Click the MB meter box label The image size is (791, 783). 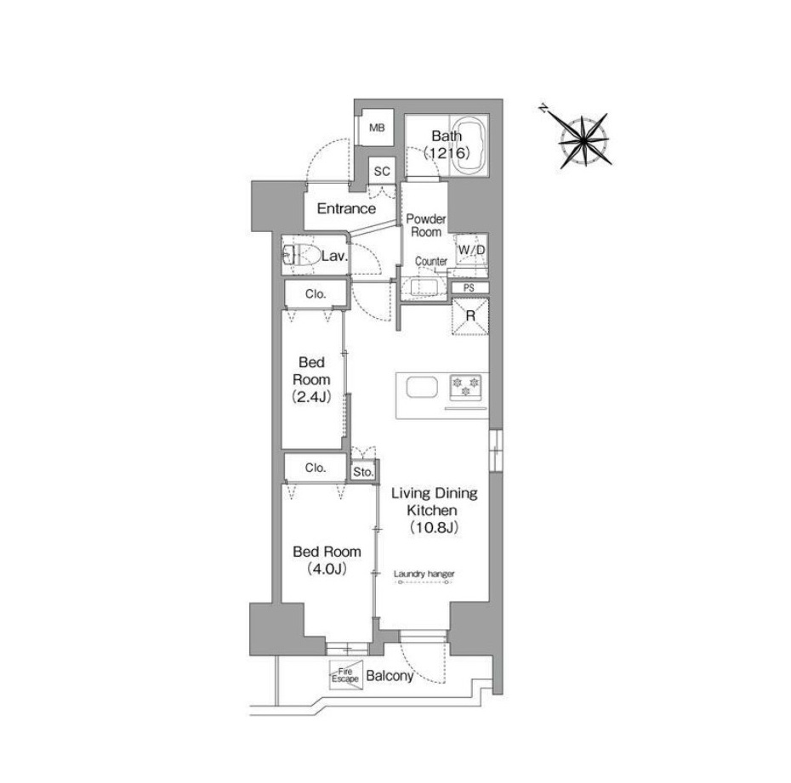[377, 128]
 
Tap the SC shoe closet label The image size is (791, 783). [382, 172]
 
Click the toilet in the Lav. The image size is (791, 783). [302, 256]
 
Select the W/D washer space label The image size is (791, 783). [471, 250]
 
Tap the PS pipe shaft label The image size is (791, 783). [469, 288]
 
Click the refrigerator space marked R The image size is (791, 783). [470, 316]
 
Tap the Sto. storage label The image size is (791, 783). [363, 473]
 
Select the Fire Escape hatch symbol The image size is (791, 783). [345, 675]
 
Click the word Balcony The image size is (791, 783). [390, 676]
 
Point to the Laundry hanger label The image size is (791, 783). [424, 574]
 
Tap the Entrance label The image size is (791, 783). [346, 208]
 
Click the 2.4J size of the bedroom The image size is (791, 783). [311, 397]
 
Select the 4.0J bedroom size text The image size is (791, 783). [327, 569]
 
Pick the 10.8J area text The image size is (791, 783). [434, 527]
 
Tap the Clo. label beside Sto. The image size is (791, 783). [316, 468]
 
